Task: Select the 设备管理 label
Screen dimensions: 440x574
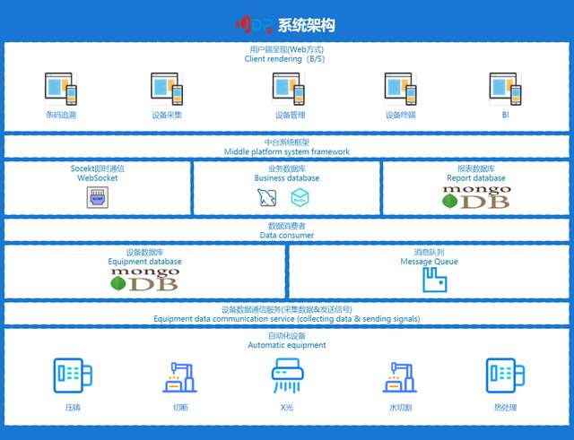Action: point(288,115)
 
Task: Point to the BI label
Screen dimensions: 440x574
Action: point(505,115)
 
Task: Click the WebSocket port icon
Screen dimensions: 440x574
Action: point(98,198)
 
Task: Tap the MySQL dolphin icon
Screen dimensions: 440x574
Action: point(265,199)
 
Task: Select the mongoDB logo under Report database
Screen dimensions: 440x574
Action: point(475,197)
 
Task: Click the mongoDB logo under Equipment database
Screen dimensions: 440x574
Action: point(143,279)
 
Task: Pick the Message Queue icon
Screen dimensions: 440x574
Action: point(434,280)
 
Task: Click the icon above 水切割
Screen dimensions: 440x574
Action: point(398,377)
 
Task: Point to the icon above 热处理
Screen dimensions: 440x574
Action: point(504,375)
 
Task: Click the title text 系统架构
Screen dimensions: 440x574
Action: point(309,24)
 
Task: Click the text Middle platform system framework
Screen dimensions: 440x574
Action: point(287,151)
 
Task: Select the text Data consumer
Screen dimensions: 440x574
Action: point(287,235)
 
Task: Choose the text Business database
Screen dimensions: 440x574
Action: point(287,177)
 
